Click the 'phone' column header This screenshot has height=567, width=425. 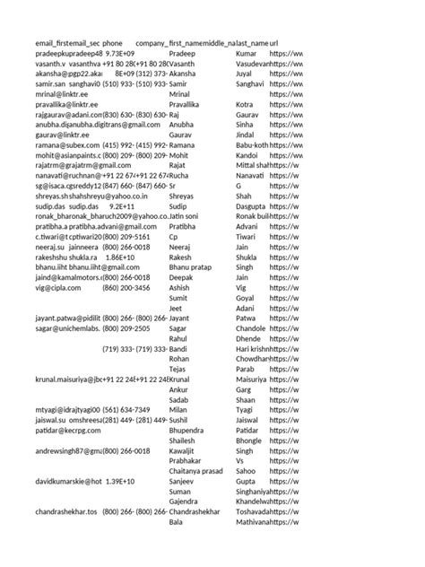click(113, 43)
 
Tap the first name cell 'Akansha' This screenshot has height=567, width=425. click(186, 76)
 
